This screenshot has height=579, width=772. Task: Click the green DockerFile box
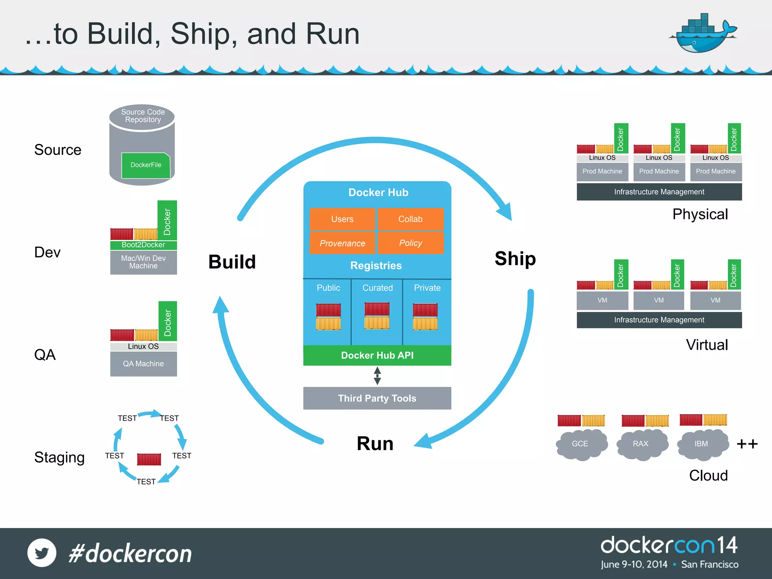click(146, 165)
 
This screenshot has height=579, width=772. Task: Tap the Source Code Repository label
click(143, 116)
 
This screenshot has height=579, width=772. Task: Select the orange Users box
click(342, 219)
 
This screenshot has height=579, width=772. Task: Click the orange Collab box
click(411, 219)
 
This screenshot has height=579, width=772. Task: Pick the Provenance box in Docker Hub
click(342, 243)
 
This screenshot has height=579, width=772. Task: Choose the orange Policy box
click(411, 243)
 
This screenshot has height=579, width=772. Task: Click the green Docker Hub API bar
click(377, 355)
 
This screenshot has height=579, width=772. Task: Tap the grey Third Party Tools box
click(377, 398)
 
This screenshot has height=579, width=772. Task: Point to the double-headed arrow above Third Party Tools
click(377, 376)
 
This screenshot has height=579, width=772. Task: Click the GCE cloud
click(580, 444)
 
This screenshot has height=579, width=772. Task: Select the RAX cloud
click(641, 444)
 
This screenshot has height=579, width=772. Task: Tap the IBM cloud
click(701, 444)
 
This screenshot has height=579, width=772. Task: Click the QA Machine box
click(143, 364)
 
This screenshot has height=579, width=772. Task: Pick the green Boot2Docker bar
click(143, 245)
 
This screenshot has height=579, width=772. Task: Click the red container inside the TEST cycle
click(149, 459)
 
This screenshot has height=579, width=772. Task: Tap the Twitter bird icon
click(42, 553)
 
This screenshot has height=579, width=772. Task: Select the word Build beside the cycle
click(232, 262)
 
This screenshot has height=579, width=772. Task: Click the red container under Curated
click(377, 309)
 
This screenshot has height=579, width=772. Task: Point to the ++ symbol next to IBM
click(747, 444)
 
